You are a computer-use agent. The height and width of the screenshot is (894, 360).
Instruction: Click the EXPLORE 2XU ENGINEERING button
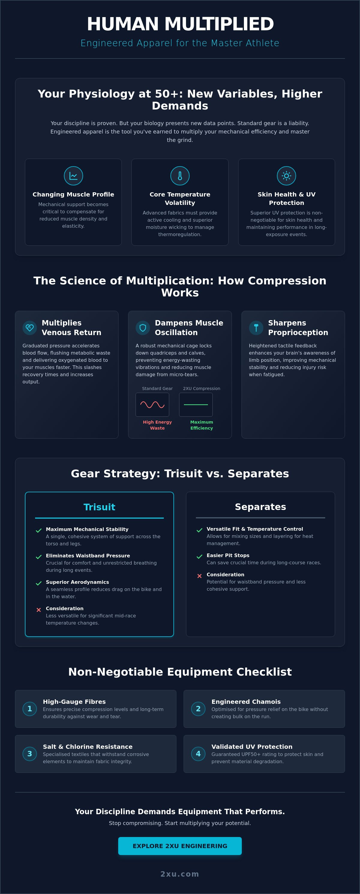click(x=180, y=846)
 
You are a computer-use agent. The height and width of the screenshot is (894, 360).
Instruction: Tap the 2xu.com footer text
click(x=180, y=874)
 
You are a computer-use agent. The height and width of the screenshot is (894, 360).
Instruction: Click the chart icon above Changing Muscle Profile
click(x=73, y=175)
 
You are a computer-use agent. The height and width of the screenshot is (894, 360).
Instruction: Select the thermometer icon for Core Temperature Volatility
click(x=180, y=175)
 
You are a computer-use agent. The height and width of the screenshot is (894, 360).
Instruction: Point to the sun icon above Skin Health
click(x=286, y=175)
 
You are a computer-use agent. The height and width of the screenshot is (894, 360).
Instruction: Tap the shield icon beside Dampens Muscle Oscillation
click(x=143, y=328)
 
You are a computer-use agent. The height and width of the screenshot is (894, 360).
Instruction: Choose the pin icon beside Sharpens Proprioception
click(x=256, y=328)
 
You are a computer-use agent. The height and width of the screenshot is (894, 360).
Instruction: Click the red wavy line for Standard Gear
click(x=152, y=405)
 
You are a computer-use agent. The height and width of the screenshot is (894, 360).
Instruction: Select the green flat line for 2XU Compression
click(x=196, y=405)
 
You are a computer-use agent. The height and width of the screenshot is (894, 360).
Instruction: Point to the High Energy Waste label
click(x=157, y=425)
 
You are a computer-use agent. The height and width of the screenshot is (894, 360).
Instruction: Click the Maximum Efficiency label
click(x=202, y=425)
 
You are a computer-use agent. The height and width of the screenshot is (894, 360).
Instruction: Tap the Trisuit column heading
click(x=99, y=507)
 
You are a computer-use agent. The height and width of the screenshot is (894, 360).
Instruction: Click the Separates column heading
click(x=260, y=507)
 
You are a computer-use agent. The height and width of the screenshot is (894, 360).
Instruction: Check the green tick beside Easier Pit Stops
click(x=199, y=557)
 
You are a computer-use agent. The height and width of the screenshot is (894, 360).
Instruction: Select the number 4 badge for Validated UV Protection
click(x=198, y=753)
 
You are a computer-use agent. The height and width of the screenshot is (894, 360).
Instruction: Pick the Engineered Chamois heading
click(x=246, y=701)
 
